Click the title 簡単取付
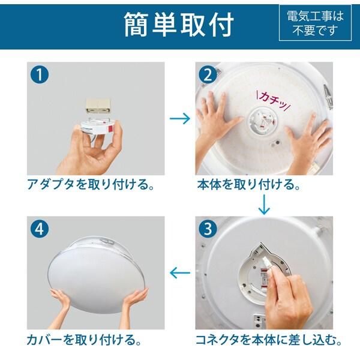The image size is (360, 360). (179, 25)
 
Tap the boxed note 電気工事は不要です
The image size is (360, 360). (315, 23)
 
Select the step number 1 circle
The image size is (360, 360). (40, 74)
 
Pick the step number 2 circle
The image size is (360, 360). (208, 74)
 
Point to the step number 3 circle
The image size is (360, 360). (208, 229)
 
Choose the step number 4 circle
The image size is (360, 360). (40, 229)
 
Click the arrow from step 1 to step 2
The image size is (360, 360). (180, 118)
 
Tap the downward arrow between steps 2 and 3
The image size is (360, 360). (264, 205)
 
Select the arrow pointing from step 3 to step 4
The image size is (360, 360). (180, 273)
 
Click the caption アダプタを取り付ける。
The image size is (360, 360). (91, 184)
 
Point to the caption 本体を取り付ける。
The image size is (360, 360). (249, 184)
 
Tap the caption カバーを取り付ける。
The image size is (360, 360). (84, 340)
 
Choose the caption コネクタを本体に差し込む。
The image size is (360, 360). (269, 340)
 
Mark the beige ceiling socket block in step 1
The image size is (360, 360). (98, 107)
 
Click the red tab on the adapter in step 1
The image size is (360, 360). (110, 128)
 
